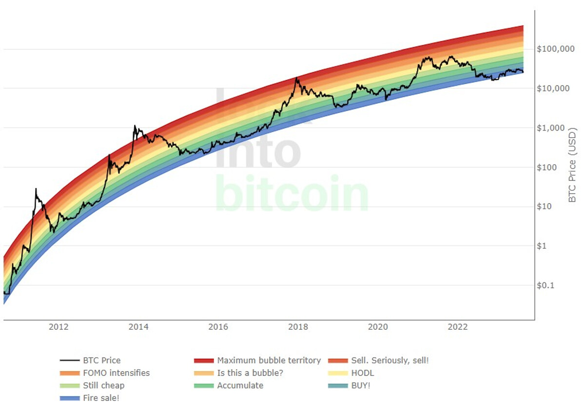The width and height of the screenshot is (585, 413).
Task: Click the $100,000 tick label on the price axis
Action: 555,49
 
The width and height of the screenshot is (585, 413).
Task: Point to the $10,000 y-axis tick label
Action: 553,89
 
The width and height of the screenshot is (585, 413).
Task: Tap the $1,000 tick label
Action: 551,128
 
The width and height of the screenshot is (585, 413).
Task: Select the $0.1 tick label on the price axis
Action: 546,285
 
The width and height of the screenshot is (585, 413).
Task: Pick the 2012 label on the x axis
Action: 58,327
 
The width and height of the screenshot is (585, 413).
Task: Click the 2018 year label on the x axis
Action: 298,327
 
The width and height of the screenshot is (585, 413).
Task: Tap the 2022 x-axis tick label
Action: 458,327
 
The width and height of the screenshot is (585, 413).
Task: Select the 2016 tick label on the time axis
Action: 218,327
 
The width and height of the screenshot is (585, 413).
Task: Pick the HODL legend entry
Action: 362,374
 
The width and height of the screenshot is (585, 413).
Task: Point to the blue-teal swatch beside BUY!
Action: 337,386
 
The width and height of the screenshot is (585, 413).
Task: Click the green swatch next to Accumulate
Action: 203,386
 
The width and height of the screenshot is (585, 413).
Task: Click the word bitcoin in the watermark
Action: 291,194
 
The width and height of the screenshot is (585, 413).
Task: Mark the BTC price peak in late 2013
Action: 135,126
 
